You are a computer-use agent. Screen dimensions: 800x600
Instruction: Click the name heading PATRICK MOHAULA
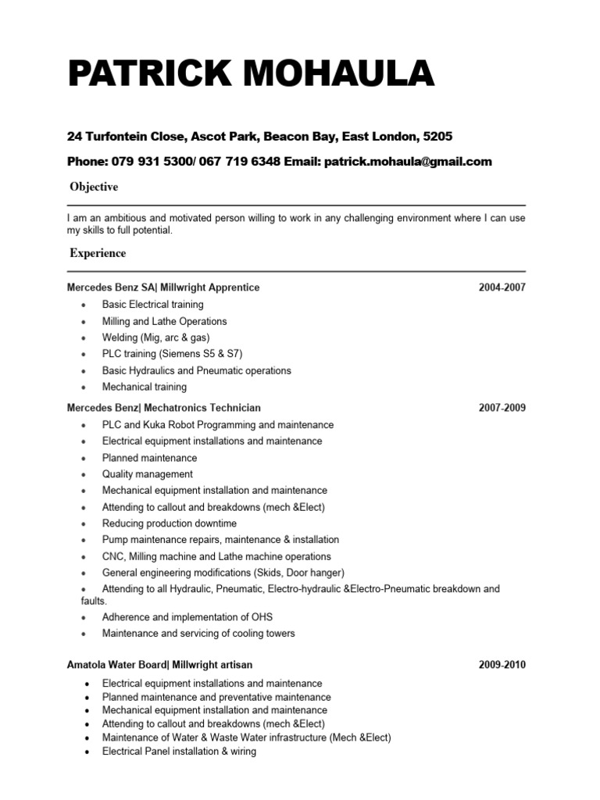coord(250,75)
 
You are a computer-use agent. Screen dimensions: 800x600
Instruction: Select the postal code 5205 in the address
coord(437,137)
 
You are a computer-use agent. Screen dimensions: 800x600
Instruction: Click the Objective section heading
coord(94,187)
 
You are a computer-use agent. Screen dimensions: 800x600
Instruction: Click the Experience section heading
coord(98,253)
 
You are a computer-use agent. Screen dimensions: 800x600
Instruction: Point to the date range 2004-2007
coord(502,287)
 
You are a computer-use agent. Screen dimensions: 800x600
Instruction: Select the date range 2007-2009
coord(502,408)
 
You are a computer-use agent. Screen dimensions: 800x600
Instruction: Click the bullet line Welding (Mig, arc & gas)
coord(155,337)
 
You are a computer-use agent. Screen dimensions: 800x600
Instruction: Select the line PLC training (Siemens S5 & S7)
coord(173,354)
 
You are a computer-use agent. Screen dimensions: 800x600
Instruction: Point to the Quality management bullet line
coord(147,474)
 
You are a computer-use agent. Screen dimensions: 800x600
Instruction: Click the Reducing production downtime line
coord(169,523)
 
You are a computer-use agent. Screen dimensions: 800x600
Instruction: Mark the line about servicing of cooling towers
coord(198,634)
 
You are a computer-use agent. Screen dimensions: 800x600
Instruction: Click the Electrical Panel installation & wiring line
coord(179,752)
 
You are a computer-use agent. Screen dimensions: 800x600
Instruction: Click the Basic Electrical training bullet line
coord(152,305)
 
